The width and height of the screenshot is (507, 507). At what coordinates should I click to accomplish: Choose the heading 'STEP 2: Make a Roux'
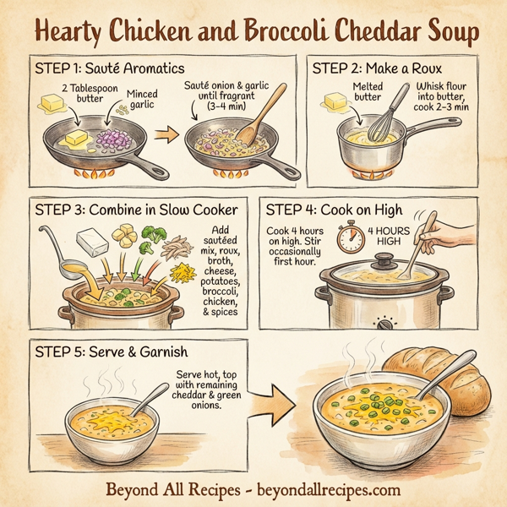click(378, 68)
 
